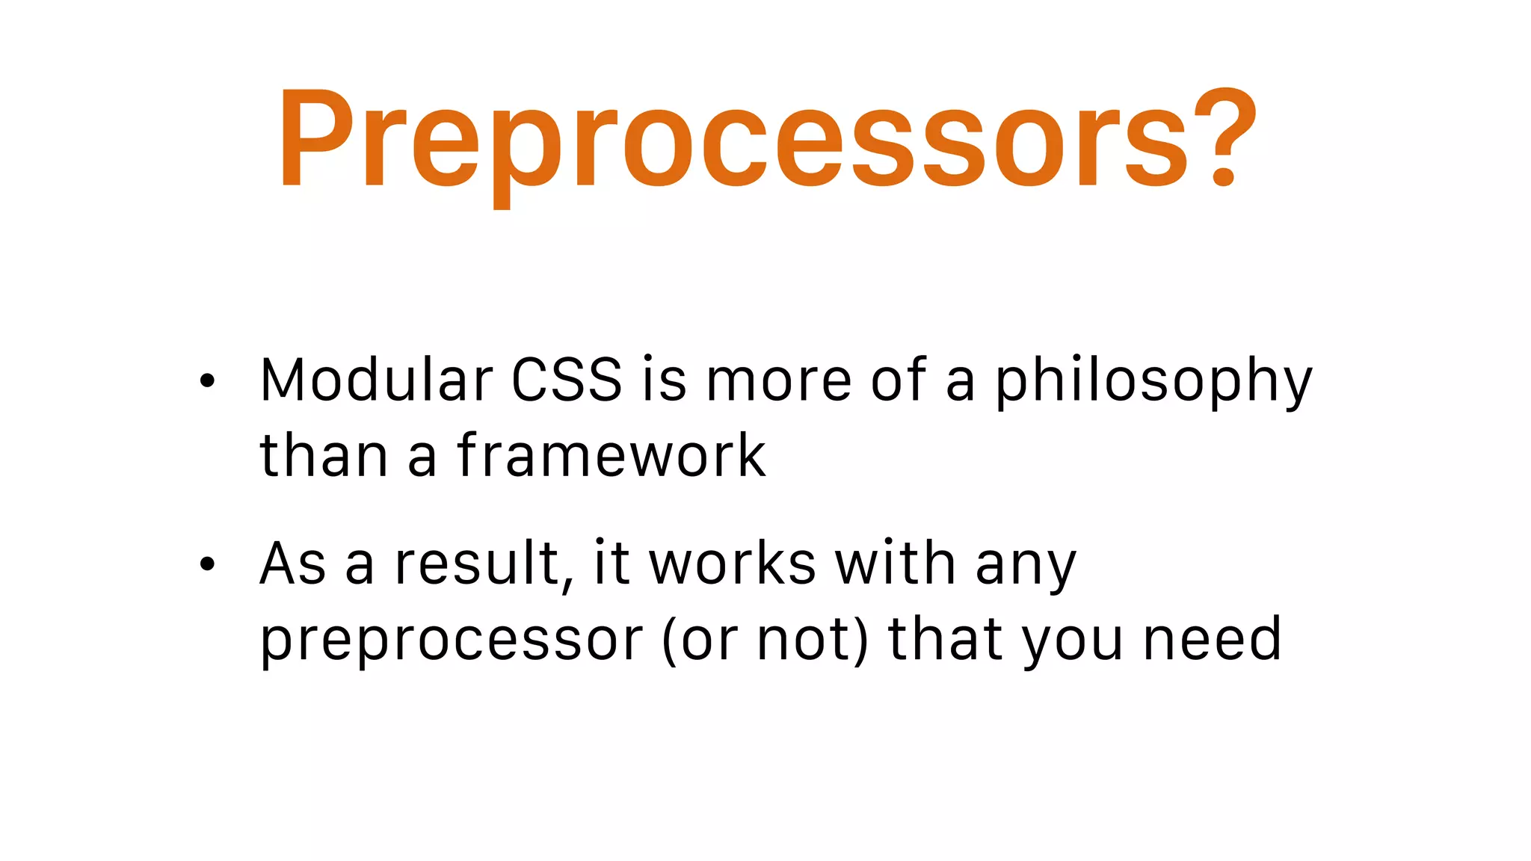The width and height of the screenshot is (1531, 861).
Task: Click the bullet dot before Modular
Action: click(207, 381)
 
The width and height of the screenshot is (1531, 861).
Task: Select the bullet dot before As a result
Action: click(207, 564)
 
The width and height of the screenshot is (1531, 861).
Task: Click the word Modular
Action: click(376, 380)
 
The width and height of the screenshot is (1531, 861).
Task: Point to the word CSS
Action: click(567, 380)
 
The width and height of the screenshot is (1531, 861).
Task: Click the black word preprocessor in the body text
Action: click(451, 641)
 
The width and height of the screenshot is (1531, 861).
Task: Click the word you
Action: click(1072, 643)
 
